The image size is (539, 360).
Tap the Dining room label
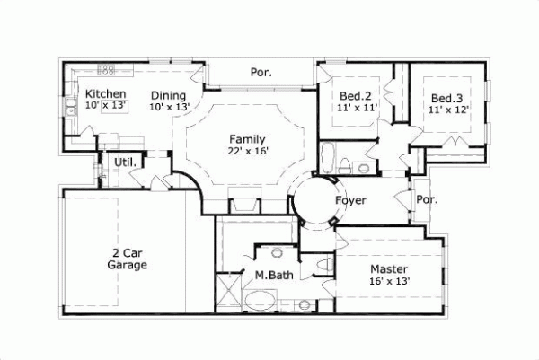point(168,95)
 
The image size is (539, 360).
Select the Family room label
point(246,139)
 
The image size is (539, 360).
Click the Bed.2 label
point(356,96)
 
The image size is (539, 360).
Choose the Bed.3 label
point(446,98)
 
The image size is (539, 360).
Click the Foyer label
point(351,200)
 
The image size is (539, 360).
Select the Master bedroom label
point(389,269)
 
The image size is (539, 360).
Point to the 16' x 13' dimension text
point(389,281)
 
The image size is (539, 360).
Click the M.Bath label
point(270,275)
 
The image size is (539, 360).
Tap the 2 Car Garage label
point(127,259)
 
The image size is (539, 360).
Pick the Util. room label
point(124,162)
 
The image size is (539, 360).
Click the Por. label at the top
point(261,72)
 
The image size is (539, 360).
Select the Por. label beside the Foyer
point(427,200)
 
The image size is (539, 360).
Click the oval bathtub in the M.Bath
point(265,300)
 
